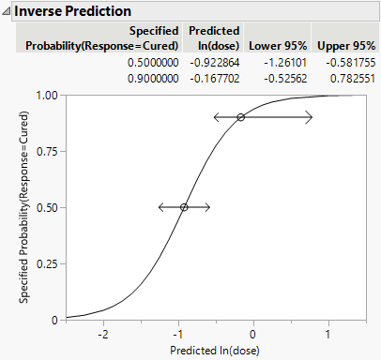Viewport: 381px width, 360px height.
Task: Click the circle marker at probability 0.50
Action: click(184, 207)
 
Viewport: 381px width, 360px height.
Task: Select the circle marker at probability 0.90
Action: click(240, 117)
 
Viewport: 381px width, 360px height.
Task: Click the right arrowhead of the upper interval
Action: click(311, 117)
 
